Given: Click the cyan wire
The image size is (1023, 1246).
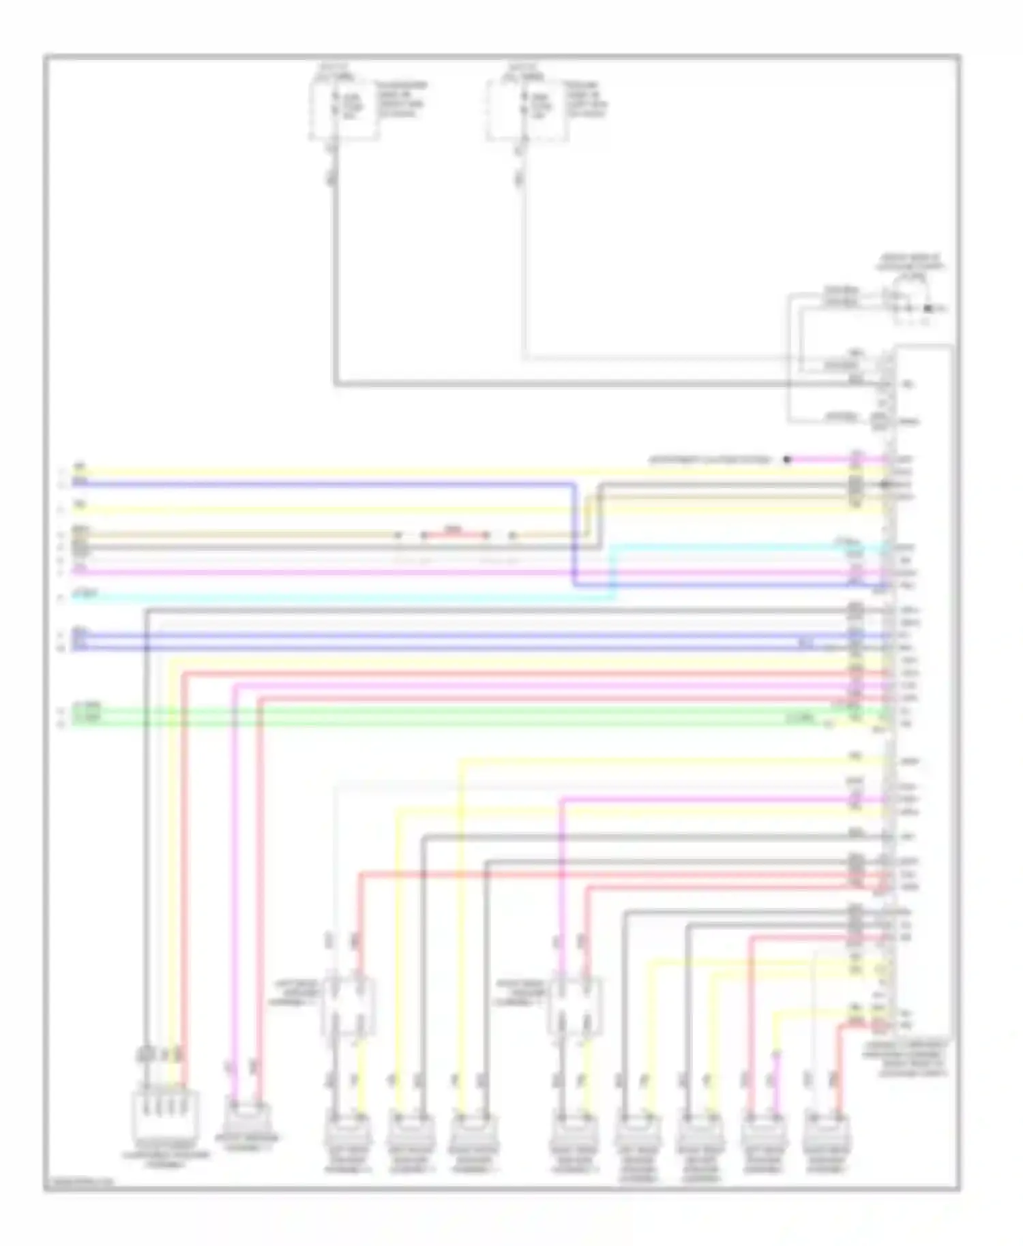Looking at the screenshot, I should (x=341, y=598).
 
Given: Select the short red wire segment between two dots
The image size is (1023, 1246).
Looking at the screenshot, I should (x=454, y=535).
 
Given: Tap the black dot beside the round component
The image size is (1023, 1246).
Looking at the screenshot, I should (x=928, y=309).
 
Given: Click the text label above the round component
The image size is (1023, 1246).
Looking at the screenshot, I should (x=910, y=262).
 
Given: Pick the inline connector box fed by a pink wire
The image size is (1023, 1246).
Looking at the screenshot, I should (x=574, y=1005).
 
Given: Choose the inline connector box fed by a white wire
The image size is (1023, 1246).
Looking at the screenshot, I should (x=348, y=1005).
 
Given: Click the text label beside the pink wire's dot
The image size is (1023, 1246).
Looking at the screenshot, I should (x=709, y=460).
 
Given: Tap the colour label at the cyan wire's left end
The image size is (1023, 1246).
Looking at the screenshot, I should (x=86, y=595).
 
